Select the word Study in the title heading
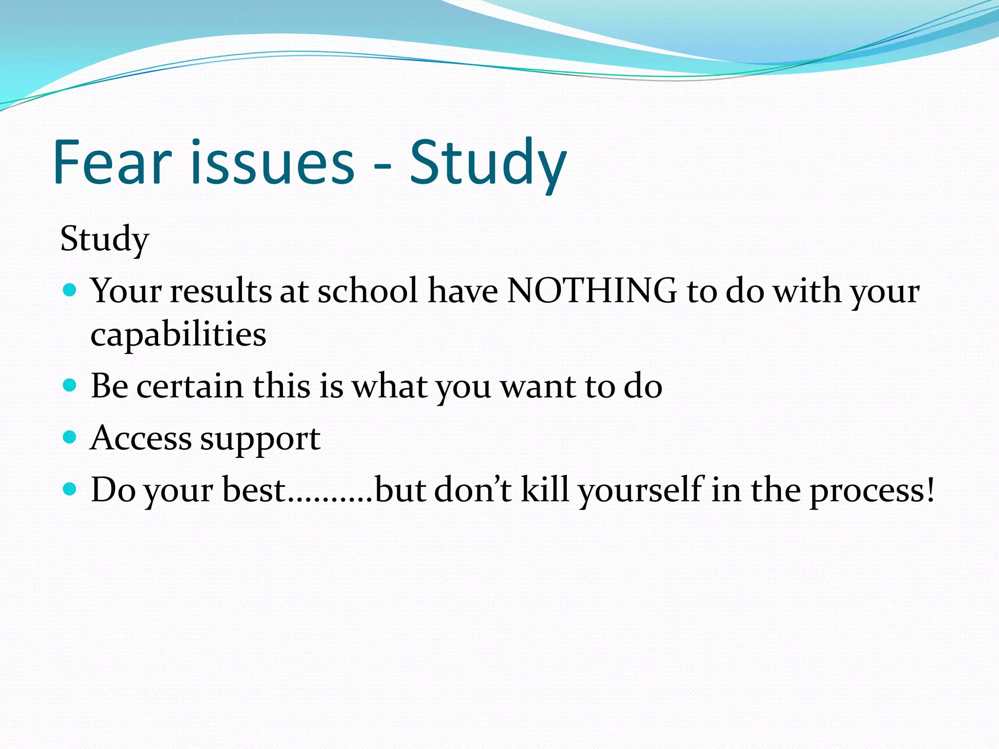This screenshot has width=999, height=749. pyautogui.click(x=488, y=163)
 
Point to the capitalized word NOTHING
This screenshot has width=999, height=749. pyautogui.click(x=592, y=291)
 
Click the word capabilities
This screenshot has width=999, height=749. pyautogui.click(x=178, y=335)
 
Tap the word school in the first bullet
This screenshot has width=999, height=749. pyautogui.click(x=368, y=291)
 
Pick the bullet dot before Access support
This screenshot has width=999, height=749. pyautogui.click(x=70, y=437)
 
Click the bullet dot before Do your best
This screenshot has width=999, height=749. pyautogui.click(x=70, y=489)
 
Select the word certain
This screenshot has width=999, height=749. pyautogui.click(x=190, y=386)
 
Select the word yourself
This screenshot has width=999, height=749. pyautogui.click(x=641, y=491)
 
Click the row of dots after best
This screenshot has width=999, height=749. pyautogui.click(x=330, y=499)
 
